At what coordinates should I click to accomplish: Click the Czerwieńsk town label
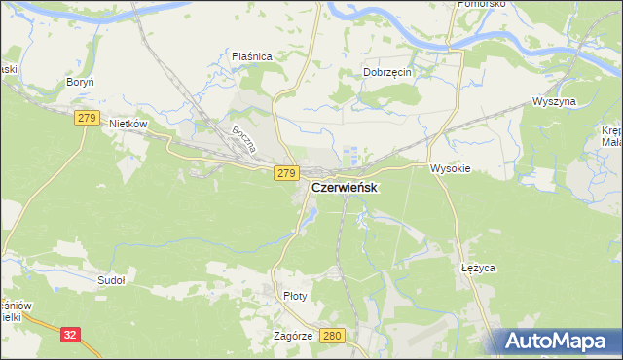pyautogui.click(x=345, y=187)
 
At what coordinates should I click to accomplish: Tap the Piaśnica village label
pyautogui.click(x=251, y=57)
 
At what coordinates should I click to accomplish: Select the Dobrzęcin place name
pyautogui.click(x=389, y=72)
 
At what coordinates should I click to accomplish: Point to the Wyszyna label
pyautogui.click(x=555, y=101)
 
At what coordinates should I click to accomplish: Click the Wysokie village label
pyautogui.click(x=451, y=167)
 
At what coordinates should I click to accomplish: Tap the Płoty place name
pyautogui.click(x=294, y=296)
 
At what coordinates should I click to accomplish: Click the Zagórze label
pyautogui.click(x=292, y=335)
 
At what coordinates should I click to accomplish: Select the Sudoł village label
pyautogui.click(x=111, y=279)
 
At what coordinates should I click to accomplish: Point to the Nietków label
pyautogui.click(x=128, y=125)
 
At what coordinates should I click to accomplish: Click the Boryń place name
pyautogui.click(x=78, y=84)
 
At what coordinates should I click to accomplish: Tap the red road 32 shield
pyautogui.click(x=69, y=335)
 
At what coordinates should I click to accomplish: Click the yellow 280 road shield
pyautogui.click(x=332, y=336)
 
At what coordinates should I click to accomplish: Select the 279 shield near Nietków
pyautogui.click(x=86, y=118)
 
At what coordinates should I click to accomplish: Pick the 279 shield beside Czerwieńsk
pyautogui.click(x=284, y=173)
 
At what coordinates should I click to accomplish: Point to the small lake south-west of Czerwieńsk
pyautogui.click(x=308, y=222)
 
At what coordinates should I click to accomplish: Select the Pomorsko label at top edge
pyautogui.click(x=478, y=5)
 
